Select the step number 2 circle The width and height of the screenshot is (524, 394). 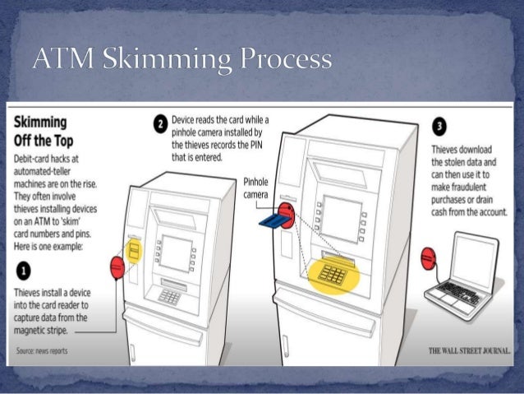[x=160, y=125]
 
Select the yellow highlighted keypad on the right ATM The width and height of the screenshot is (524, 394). [x=333, y=276]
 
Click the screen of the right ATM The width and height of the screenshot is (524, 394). [x=341, y=218]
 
